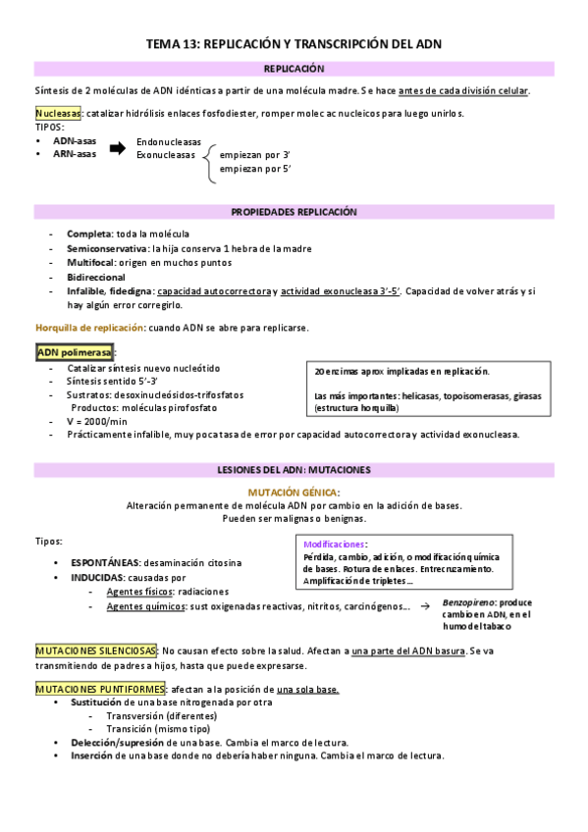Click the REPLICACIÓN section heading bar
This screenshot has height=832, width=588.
tap(294, 70)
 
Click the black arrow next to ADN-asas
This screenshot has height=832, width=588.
tap(117, 148)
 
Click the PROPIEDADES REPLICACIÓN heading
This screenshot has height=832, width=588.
tap(294, 212)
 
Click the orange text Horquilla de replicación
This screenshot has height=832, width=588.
tap(89, 327)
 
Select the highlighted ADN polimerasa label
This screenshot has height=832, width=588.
tap(74, 351)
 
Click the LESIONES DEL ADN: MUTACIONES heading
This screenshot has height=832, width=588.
tap(294, 469)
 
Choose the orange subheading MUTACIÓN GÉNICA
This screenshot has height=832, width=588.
tap(294, 492)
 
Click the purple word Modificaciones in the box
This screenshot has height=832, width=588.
tap(336, 544)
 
